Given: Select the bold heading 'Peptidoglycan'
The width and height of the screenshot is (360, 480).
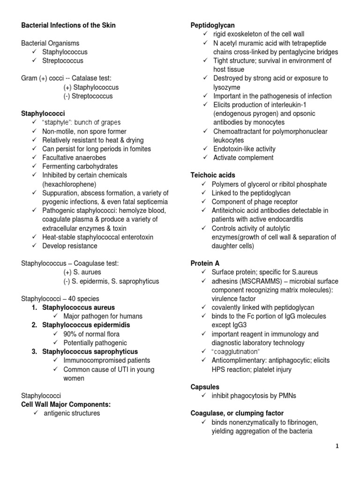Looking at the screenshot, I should point(212,25).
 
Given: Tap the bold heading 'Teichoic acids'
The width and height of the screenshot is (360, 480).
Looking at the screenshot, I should point(212,175).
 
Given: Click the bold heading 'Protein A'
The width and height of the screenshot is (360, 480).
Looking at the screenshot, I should point(205,263).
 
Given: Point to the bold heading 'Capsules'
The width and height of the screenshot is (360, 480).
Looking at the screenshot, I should point(204,387).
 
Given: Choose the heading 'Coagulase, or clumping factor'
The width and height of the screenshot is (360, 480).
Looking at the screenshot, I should point(237,413).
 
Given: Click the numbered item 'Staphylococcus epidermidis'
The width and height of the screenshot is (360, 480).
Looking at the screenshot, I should point(86,325).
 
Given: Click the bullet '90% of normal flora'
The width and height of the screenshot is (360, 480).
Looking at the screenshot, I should point(91,334).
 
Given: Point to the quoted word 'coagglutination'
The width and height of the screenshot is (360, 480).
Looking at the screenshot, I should point(235,352).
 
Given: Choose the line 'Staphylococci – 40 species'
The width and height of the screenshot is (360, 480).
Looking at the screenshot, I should point(60,299).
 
